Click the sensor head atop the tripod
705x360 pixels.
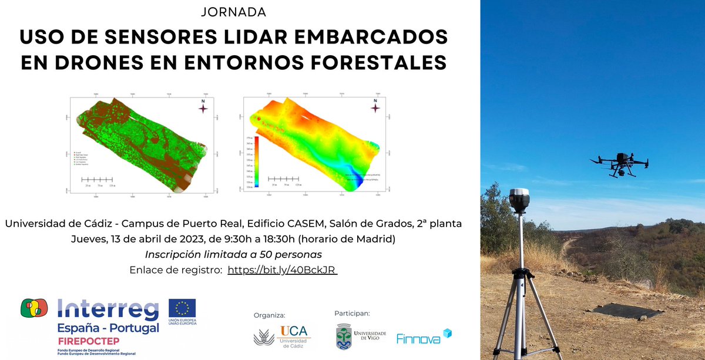(519, 201)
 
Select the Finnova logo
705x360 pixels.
(424, 337)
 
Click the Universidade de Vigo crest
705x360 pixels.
(344, 338)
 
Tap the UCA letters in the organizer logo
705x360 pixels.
(293, 331)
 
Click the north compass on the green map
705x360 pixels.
(203, 107)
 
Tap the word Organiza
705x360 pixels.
(269, 315)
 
